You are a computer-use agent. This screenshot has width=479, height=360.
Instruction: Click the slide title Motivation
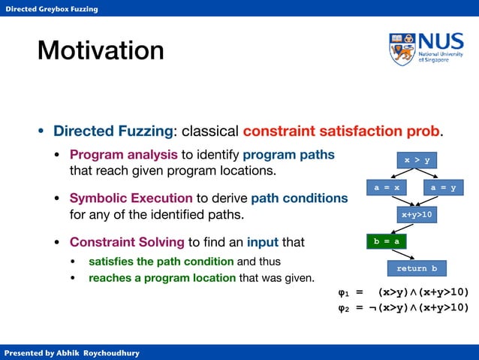[101, 50]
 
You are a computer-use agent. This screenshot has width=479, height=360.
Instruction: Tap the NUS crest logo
[402, 49]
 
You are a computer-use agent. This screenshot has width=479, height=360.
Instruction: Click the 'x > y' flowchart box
[417, 160]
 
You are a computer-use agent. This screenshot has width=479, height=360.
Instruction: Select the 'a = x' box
[386, 188]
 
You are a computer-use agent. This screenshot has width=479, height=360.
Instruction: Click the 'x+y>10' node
[417, 215]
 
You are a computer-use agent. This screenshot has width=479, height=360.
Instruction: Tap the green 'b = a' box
[386, 241]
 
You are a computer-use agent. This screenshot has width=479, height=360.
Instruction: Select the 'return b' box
[417, 268]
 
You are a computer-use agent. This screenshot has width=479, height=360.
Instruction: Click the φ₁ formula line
[403, 292]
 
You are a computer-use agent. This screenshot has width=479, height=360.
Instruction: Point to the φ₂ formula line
[403, 307]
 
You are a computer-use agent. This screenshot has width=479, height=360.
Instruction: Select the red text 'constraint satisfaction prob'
[341, 131]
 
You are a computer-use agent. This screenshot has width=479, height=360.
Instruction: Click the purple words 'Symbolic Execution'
[131, 198]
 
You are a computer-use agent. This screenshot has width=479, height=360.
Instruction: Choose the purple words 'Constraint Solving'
[127, 242]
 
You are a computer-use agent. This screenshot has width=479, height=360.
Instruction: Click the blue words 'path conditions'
[299, 198]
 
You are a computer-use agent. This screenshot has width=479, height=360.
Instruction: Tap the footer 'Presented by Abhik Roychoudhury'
[71, 352]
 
